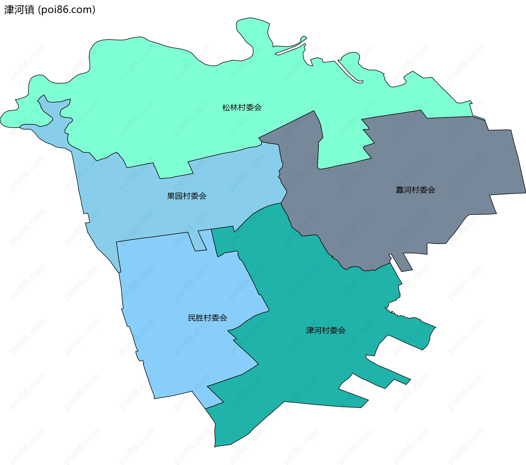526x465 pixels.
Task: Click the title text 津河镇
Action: coord(19,10)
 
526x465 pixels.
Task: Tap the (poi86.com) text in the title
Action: coord(67,10)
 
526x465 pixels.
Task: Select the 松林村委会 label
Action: coord(242,107)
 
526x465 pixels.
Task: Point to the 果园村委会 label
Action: coord(187,196)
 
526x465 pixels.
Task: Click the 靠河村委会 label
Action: coord(415,190)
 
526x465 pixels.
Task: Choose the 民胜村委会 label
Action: coord(207,318)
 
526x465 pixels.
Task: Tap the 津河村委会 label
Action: coord(325,330)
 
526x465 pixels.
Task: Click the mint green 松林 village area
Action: coord(164,96)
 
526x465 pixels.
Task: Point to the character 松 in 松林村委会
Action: coord(226,107)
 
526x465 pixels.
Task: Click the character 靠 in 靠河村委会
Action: coord(400,190)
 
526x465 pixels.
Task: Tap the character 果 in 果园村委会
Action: coord(171,196)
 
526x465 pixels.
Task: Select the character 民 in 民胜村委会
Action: coord(192,318)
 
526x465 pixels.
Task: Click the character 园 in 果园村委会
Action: coord(179,196)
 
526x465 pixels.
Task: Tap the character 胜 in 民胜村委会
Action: coord(200,318)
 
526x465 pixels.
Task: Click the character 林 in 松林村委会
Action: coord(234,107)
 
